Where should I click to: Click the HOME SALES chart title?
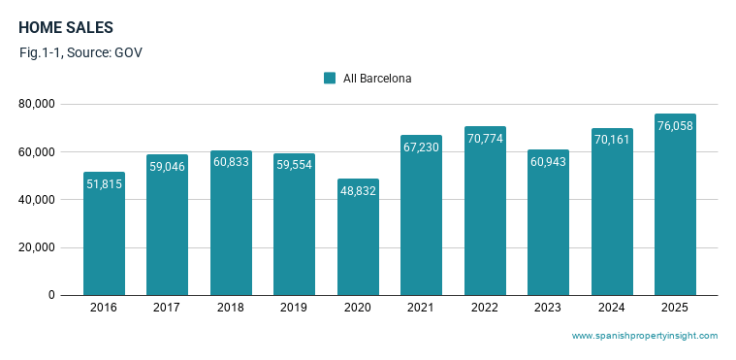click(66, 28)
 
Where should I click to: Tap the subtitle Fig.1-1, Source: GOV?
click(80, 52)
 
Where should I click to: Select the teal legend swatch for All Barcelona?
click(330, 78)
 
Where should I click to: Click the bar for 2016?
click(104, 234)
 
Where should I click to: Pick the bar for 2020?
click(358, 237)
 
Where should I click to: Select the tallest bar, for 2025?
click(676, 205)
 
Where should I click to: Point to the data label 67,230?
click(421, 147)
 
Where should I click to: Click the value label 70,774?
click(486, 139)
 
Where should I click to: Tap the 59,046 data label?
click(167, 166)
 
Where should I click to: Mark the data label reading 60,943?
click(548, 162)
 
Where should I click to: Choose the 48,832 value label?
click(358, 191)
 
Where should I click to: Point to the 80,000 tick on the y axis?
click(37, 104)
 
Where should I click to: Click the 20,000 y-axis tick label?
click(37, 247)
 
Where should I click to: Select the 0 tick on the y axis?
click(51, 295)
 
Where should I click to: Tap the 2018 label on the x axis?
click(231, 308)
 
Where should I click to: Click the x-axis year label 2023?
click(547, 308)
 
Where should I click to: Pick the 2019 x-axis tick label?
click(294, 308)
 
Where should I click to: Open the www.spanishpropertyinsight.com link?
click(645, 336)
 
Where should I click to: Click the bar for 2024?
click(612, 212)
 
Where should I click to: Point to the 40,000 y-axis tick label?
click(37, 200)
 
